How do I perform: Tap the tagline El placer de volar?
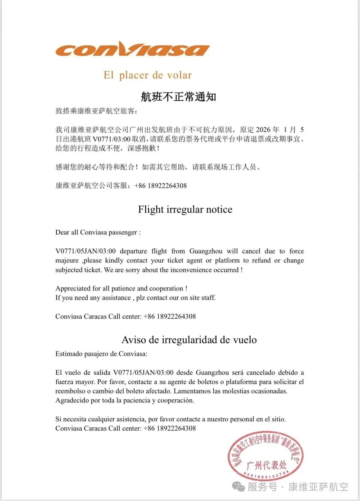[147, 75]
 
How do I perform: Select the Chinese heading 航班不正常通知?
[178, 97]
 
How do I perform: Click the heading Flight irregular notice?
[185, 210]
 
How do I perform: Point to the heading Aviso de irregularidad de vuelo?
[189, 340]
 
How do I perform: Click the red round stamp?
[265, 456]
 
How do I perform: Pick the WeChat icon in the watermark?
[239, 487]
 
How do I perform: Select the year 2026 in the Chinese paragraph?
[263, 130]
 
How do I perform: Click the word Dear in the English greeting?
[62, 233]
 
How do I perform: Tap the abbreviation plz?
[140, 298]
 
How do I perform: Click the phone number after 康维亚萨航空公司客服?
[161, 186]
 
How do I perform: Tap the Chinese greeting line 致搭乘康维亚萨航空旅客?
[96, 111]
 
